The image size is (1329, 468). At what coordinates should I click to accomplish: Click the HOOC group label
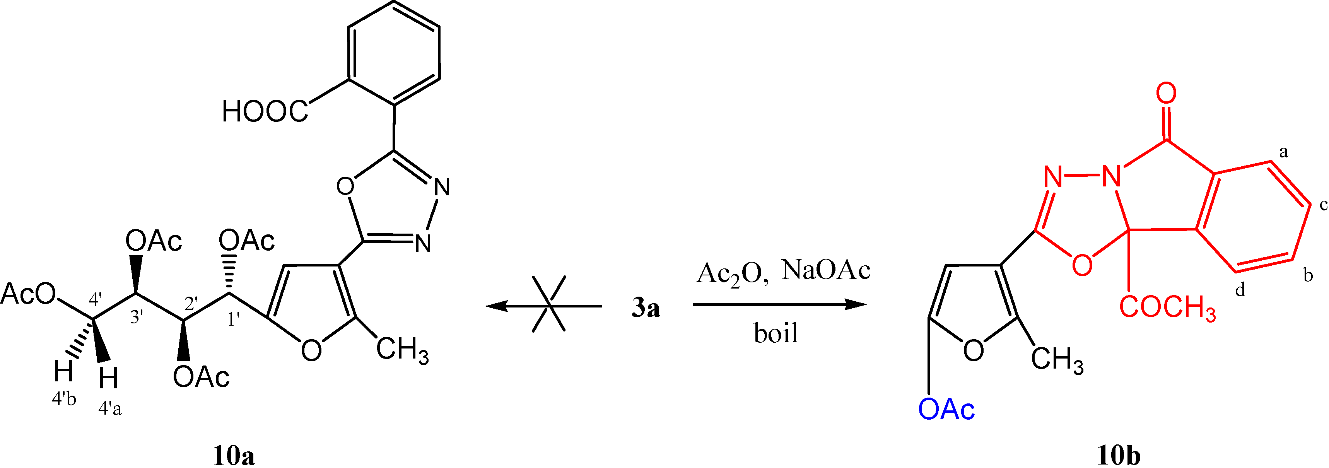[265, 111]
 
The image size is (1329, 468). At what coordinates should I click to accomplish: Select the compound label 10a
[234, 456]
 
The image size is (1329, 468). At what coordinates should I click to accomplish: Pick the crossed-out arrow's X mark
[549, 304]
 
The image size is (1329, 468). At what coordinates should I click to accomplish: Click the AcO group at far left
[28, 294]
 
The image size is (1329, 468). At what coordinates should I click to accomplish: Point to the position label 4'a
[110, 409]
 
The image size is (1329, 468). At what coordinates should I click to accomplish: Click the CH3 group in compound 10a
[402, 350]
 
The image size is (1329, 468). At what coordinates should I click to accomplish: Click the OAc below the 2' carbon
[201, 377]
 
